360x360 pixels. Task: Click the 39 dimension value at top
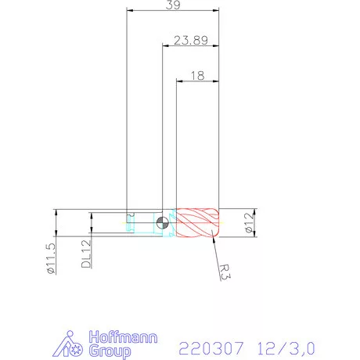tap(172, 5)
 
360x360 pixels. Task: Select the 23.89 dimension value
tap(190, 41)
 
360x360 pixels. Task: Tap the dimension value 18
tap(196, 75)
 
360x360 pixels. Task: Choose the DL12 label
tap(86, 254)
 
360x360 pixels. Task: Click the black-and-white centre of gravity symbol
tap(162, 222)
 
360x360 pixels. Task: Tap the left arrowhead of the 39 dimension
tap(129, 11)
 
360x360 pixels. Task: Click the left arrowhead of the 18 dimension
tap(180, 81)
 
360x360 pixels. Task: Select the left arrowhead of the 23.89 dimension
tap(164, 46)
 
